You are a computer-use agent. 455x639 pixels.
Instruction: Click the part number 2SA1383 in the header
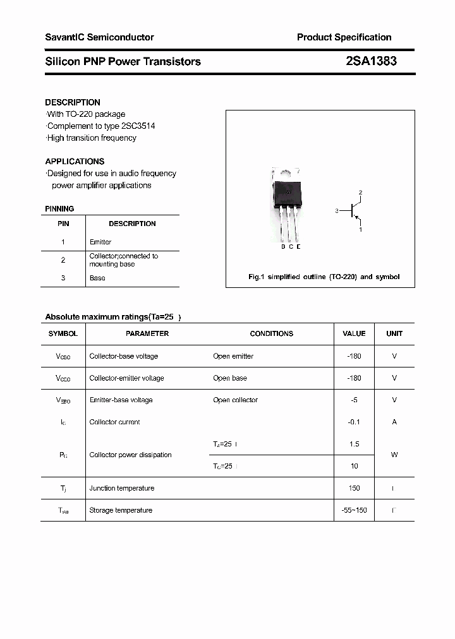[371, 61]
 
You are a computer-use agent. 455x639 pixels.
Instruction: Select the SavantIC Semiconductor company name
[99, 37]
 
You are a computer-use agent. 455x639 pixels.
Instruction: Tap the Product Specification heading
[344, 37]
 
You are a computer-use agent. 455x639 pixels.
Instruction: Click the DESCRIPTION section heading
[73, 102]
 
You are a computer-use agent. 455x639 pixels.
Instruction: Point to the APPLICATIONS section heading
[75, 162]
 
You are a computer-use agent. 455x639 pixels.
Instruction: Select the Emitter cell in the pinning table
[100, 242]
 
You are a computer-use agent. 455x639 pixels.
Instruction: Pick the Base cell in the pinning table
[97, 278]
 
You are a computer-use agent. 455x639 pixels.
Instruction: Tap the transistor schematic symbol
[355, 211]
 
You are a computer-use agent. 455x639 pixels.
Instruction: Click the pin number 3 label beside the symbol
[337, 211]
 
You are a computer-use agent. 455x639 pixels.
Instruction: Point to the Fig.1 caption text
[324, 277]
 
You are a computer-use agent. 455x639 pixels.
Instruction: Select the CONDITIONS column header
[272, 333]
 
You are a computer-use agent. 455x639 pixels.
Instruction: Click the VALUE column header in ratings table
[354, 333]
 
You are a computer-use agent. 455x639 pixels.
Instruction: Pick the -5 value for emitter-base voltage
[354, 400]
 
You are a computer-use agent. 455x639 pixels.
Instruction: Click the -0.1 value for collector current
[354, 422]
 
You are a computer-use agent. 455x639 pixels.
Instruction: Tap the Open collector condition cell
[235, 400]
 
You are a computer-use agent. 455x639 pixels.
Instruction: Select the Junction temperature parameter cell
[121, 488]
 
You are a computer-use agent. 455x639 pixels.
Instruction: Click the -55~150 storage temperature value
[354, 510]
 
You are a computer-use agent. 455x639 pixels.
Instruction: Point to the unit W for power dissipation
[394, 455]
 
